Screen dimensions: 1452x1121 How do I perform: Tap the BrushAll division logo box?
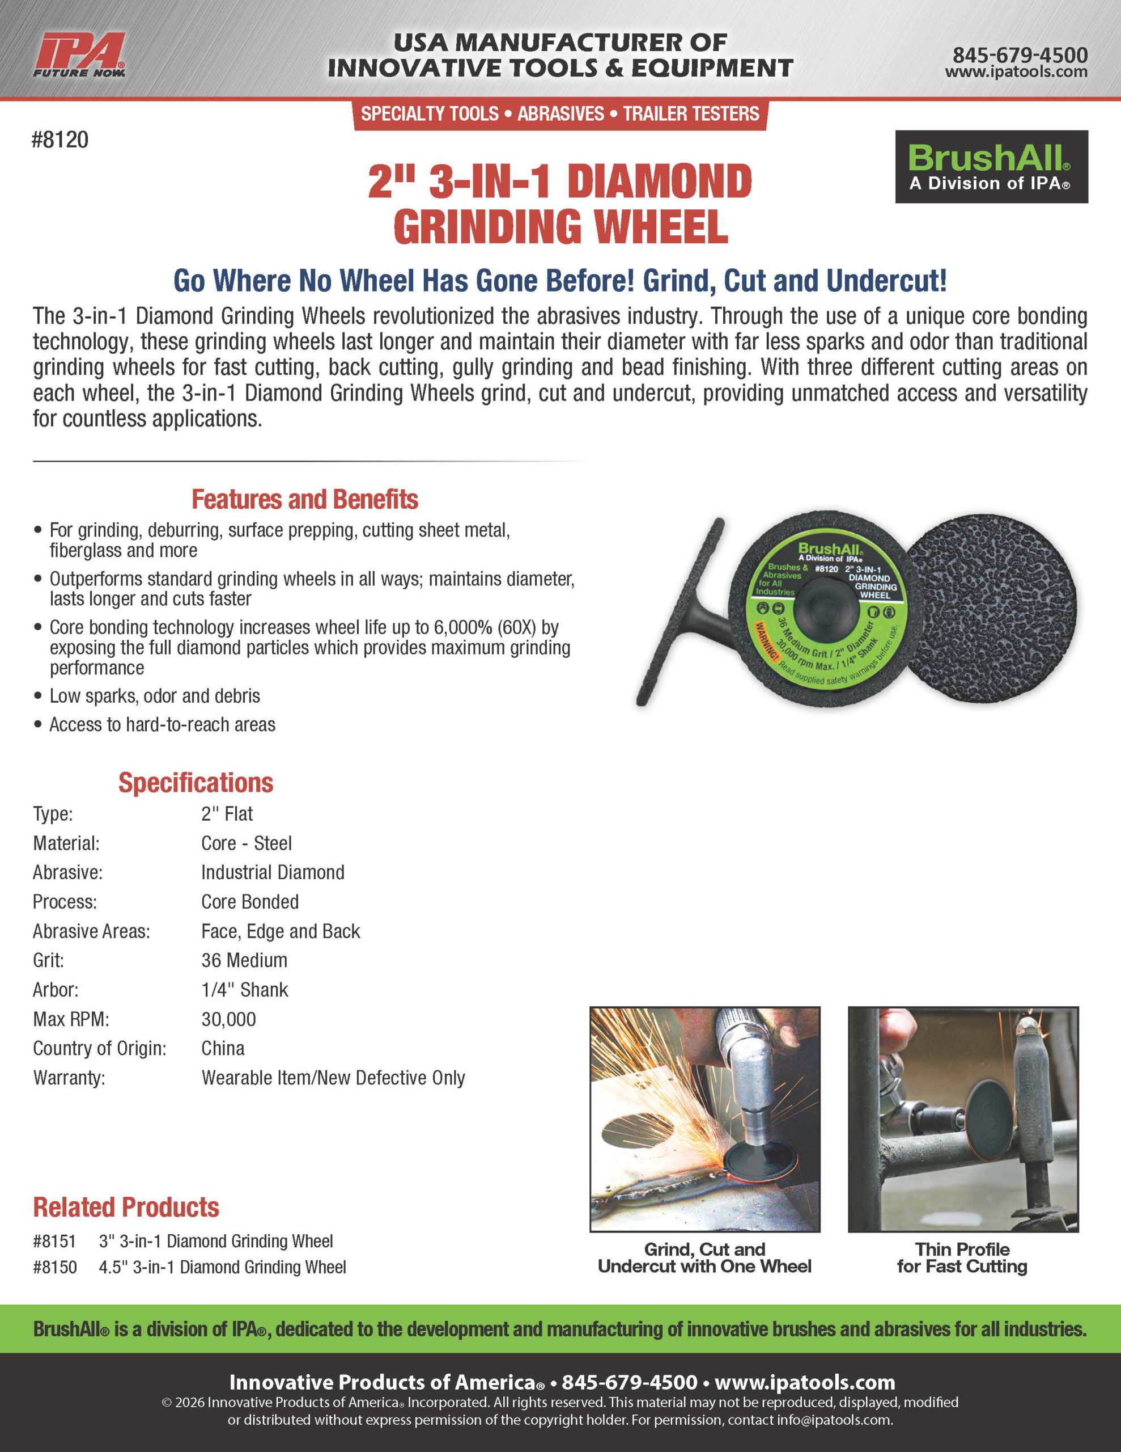point(991,167)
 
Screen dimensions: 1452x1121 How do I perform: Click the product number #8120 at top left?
point(60,140)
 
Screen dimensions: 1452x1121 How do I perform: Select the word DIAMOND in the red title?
point(659,181)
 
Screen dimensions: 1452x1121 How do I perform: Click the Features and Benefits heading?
point(304,499)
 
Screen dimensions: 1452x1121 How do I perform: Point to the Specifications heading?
point(196,783)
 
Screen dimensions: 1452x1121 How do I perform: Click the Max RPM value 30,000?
point(228,1019)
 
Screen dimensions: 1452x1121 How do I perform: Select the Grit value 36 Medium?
point(244,960)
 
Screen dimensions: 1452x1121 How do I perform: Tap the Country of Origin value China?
point(223,1048)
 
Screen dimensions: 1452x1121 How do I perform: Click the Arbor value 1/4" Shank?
point(244,990)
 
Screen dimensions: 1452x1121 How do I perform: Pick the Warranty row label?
point(69,1078)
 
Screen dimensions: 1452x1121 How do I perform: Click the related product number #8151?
point(54,1241)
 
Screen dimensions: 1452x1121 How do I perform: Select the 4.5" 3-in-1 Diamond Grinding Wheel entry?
point(222,1267)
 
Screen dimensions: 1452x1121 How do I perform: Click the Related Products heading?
point(126,1208)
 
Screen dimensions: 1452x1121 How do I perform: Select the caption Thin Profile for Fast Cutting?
point(962,1258)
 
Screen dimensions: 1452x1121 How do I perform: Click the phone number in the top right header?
point(1020,54)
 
